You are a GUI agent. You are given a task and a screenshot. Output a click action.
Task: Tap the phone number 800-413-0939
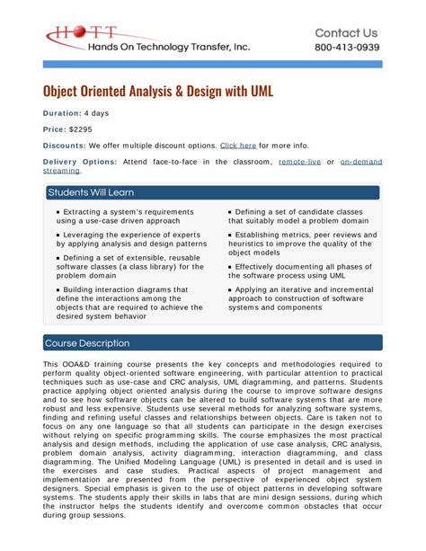(x=346, y=48)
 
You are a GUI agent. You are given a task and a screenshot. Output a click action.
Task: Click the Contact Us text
(x=346, y=32)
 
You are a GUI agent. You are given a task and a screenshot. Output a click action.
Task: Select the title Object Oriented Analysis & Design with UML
(x=158, y=91)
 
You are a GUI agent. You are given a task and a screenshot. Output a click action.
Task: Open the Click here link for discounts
(x=238, y=145)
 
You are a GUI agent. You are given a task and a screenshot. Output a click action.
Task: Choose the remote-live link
(x=299, y=162)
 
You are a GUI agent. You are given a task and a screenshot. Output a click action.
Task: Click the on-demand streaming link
(x=360, y=162)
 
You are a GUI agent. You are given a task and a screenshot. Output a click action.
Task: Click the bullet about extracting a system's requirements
(x=125, y=216)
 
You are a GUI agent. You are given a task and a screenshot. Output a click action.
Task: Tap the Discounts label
(x=64, y=145)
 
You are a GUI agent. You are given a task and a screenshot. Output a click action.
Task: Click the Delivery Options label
(x=79, y=162)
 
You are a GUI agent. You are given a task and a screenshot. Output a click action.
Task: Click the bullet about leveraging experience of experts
(x=125, y=239)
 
